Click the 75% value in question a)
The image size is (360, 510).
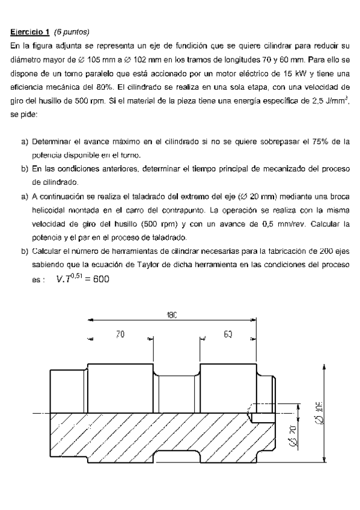(322, 142)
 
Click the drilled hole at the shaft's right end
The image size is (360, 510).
(263, 414)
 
